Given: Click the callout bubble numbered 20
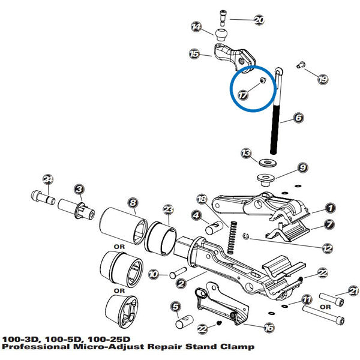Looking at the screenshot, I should click(x=259, y=20).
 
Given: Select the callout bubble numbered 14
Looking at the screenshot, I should click(x=196, y=27).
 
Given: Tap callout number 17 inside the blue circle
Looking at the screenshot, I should click(x=242, y=95).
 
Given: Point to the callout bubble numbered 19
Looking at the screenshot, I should click(x=323, y=79).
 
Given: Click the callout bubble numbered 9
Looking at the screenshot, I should click(x=302, y=167).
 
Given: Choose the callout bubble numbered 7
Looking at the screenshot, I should click(x=329, y=224).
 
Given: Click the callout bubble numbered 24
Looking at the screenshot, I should click(x=49, y=179).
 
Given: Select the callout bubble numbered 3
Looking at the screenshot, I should click(x=78, y=190).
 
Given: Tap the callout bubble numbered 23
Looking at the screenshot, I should click(x=168, y=209).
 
